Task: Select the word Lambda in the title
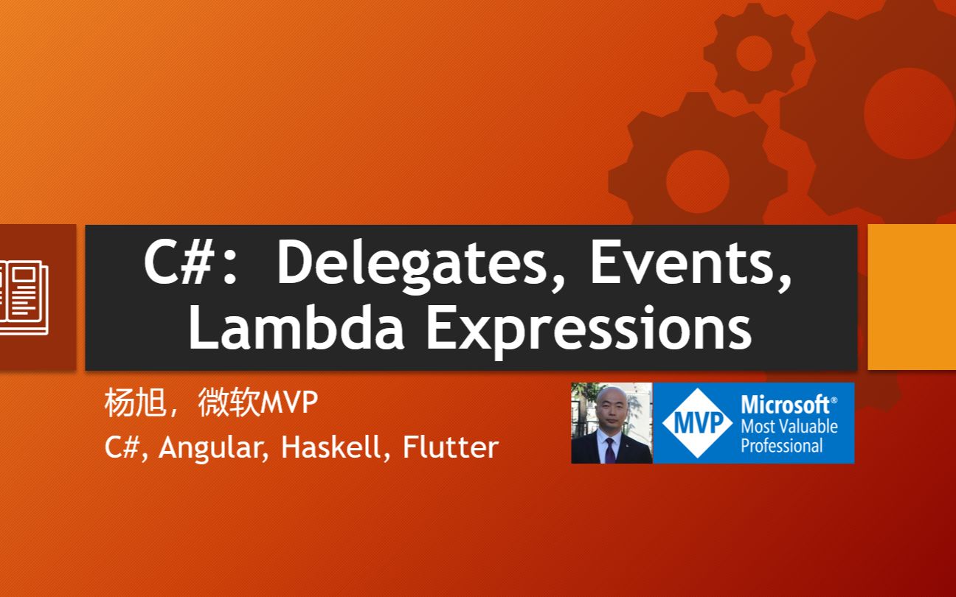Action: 297,327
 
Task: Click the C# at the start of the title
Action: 179,262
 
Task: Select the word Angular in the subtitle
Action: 213,449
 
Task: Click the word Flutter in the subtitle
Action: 451,447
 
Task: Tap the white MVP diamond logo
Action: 697,422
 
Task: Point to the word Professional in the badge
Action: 781,446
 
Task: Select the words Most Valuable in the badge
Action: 789,426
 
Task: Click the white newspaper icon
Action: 24,297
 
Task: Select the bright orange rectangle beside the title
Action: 912,297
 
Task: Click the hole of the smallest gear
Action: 754,54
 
